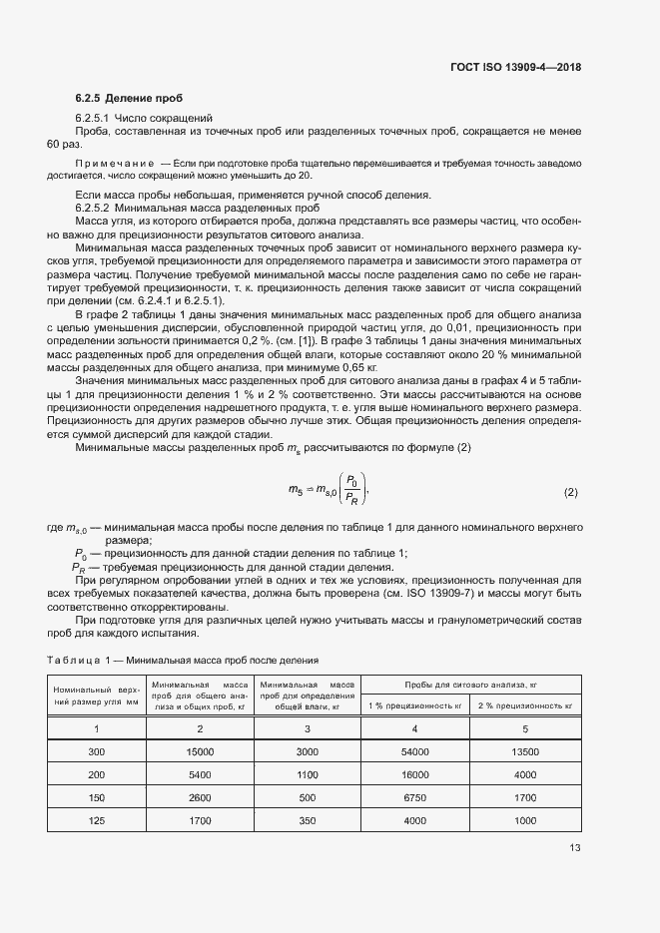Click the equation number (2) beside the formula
571,493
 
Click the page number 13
574,848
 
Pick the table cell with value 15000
200,750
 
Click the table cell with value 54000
415,750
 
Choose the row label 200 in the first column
96,773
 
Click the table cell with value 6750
415,797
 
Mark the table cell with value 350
308,820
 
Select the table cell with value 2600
200,797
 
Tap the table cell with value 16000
415,773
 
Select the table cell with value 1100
308,773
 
